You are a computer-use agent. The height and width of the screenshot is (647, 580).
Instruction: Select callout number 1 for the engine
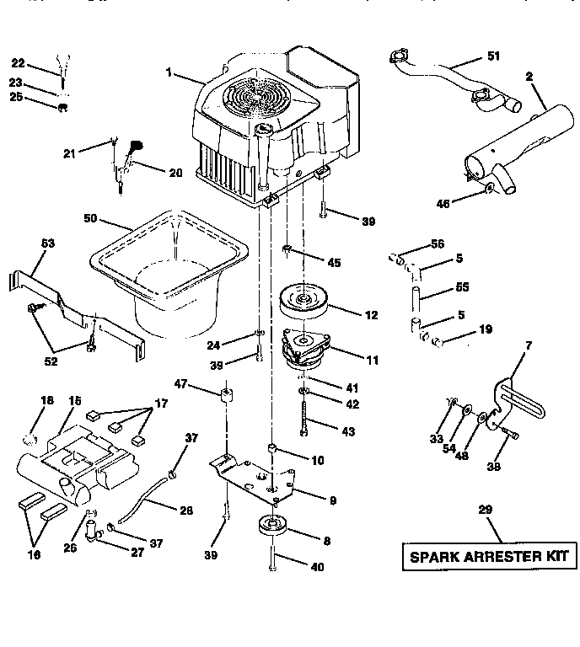click(x=171, y=74)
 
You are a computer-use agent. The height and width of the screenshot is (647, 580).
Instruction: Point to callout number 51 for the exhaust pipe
click(x=493, y=56)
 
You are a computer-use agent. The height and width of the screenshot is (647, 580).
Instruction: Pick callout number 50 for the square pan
click(x=91, y=219)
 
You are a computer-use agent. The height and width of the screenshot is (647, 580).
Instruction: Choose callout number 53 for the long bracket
click(x=47, y=243)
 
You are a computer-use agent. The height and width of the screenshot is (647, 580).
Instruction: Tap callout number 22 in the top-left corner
click(x=19, y=62)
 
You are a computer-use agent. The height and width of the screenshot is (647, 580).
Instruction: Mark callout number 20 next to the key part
click(x=175, y=173)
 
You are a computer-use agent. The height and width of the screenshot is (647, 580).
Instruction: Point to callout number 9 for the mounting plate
click(x=332, y=500)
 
